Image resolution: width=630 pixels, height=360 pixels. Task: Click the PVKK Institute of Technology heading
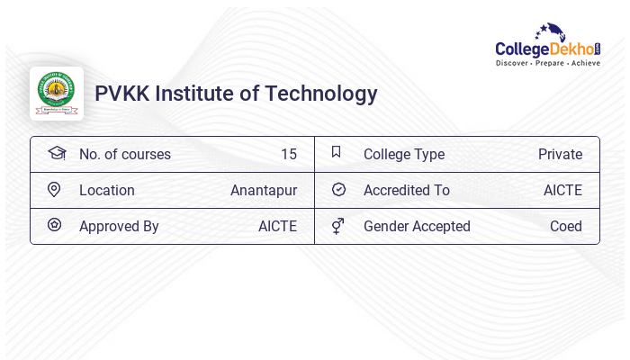coord(236,94)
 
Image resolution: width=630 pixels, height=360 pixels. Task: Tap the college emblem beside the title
coord(57,94)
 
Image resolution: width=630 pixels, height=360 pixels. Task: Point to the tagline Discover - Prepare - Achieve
coord(547,63)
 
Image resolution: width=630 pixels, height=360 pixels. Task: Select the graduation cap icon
coord(57,153)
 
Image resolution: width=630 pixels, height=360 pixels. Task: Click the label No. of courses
coord(125,155)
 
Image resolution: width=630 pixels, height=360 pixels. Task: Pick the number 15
coord(288,155)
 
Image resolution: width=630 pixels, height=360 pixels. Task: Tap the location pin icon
coord(54,189)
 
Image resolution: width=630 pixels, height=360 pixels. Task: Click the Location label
coord(107,191)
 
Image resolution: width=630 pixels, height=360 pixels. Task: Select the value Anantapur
coord(264,191)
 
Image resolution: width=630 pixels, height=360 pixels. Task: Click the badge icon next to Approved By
coord(54,225)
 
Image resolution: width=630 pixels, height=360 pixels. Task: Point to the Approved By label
coord(119,227)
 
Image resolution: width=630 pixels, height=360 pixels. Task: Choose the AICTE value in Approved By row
coord(277,227)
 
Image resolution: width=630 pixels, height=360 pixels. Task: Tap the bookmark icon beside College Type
coord(337,152)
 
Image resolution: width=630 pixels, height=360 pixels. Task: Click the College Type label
coord(404,155)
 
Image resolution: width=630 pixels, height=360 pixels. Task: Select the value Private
coord(560,155)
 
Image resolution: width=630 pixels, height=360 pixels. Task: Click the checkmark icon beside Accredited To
coord(338,189)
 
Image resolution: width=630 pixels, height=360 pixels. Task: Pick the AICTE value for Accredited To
coord(562,191)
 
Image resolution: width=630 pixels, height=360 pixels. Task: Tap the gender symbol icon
coord(337,226)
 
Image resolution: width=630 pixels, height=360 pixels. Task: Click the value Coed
coord(566,227)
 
